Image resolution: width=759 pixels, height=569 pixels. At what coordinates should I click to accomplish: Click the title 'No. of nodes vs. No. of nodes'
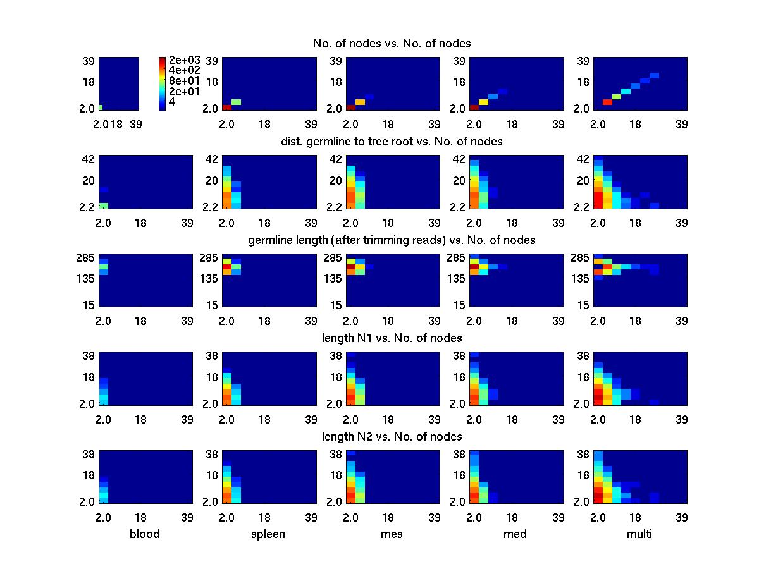[x=392, y=43]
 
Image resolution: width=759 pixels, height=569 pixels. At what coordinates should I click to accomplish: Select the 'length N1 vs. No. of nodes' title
[x=392, y=338]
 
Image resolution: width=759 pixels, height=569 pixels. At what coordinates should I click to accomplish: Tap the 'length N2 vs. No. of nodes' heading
[x=392, y=437]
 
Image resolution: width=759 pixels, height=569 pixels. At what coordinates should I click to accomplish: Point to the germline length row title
[x=392, y=240]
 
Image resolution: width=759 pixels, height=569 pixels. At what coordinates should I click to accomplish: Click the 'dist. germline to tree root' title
[x=392, y=142]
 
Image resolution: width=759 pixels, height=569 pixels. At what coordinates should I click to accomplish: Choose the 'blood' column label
[x=145, y=534]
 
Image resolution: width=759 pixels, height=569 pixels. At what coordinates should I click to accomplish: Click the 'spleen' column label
[x=268, y=534]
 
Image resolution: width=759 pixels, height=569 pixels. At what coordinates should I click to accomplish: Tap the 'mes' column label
[x=392, y=534]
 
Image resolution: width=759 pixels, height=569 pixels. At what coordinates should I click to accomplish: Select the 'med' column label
[x=515, y=534]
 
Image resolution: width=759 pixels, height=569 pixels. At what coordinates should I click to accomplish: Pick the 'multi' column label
[x=639, y=534]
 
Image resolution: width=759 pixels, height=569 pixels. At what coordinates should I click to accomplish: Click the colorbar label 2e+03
[x=185, y=61]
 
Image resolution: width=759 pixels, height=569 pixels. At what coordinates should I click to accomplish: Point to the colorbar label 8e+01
[x=185, y=81]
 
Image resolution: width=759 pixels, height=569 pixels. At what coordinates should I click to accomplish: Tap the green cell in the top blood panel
[x=101, y=107]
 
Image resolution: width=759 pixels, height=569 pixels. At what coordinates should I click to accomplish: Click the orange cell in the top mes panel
[x=361, y=102]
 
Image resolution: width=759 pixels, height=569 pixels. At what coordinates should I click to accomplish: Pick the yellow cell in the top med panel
[x=484, y=102]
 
